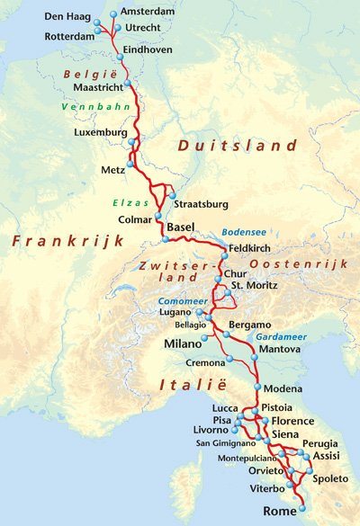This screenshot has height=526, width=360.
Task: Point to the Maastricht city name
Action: [96, 87]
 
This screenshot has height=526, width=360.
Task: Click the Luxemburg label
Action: [100, 133]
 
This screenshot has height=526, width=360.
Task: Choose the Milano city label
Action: [184, 343]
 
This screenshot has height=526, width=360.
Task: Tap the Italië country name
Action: [175, 386]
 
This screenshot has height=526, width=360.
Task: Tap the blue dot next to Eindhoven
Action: [117, 50]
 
